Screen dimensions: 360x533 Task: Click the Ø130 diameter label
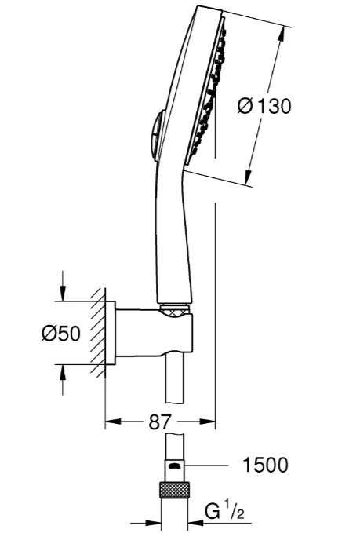[x=264, y=106]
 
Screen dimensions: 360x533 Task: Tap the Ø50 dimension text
[x=61, y=333]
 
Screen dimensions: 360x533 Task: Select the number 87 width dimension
[x=159, y=422]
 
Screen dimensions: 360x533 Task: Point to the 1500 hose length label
[x=266, y=465]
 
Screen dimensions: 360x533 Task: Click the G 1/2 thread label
[x=225, y=512]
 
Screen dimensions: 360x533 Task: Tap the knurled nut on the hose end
[x=175, y=490]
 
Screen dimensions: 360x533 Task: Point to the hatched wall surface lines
[x=99, y=333]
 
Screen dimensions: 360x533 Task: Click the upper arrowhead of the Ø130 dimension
[x=281, y=34]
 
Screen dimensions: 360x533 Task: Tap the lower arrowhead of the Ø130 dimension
[x=249, y=177]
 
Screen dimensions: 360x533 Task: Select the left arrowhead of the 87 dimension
[x=113, y=422]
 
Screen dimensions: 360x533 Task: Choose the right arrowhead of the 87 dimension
[x=208, y=422]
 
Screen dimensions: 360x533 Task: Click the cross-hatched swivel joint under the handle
[x=175, y=310]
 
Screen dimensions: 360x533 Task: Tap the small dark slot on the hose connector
[x=175, y=465]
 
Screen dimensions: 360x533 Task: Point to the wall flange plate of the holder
[x=110, y=333]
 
